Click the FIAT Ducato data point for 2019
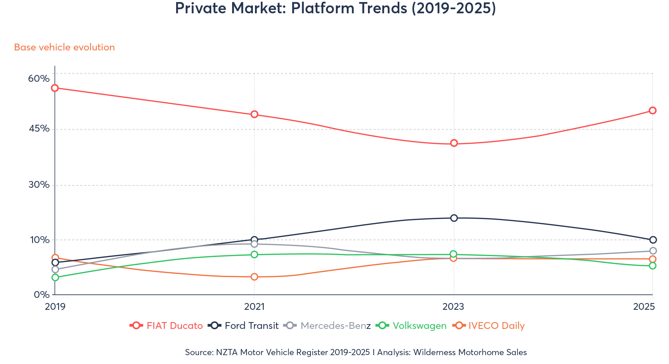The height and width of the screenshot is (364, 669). [x=55, y=88]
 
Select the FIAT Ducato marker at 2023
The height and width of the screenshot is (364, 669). [x=454, y=143]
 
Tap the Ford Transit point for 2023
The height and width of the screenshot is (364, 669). [x=454, y=218]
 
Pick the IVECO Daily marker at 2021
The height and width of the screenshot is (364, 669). [x=254, y=277]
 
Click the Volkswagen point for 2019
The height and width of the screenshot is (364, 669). [x=55, y=277]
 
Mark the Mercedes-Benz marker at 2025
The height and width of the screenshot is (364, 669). [x=653, y=251]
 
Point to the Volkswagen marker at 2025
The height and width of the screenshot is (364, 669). [x=653, y=266]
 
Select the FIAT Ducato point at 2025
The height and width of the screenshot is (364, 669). [x=653, y=110]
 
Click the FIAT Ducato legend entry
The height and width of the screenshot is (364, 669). [x=167, y=325]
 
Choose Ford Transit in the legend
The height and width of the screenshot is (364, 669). [x=244, y=325]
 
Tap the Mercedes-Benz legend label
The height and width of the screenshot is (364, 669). [x=328, y=325]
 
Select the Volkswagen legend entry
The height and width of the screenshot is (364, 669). [x=411, y=325]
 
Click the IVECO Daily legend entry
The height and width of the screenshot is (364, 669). [x=489, y=325]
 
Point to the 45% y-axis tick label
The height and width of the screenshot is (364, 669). [x=39, y=128]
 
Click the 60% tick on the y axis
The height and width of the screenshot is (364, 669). [x=39, y=79]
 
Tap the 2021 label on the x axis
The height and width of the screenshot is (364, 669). [x=254, y=307]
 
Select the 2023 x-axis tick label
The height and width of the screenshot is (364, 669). [x=453, y=307]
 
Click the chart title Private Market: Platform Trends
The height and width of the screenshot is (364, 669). [x=335, y=8]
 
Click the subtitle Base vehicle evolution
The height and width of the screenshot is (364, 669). [x=65, y=47]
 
